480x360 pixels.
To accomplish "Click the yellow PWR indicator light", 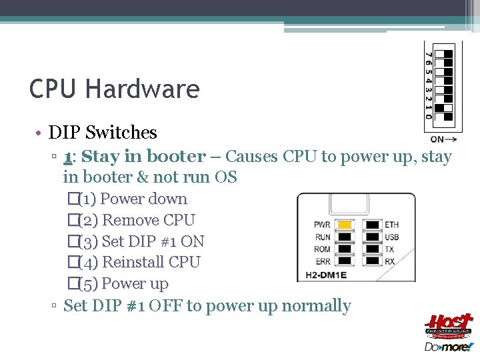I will pos(344,225).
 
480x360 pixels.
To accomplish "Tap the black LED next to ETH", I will pos(372,225).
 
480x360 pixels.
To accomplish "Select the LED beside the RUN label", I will pos(344,237).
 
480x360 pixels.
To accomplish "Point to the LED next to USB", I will pos(372,237).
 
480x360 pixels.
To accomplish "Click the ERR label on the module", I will pos(323,261).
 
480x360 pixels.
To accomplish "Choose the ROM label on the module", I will pos(323,249).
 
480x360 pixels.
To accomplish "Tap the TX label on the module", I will pos(389,249).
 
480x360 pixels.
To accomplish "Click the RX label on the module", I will pos(390,261).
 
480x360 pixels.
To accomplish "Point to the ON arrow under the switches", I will pos(443,139).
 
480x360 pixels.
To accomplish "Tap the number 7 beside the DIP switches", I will pos(429,53).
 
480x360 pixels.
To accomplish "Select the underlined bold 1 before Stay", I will pos(68,157).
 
